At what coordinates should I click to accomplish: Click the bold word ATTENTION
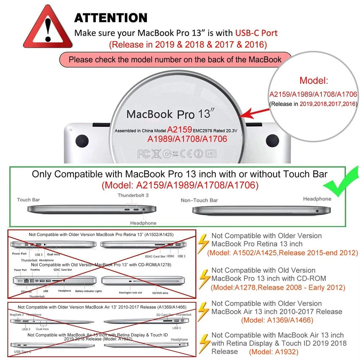click(111, 18)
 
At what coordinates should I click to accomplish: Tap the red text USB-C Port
click(256, 33)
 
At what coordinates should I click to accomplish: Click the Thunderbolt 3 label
click(133, 195)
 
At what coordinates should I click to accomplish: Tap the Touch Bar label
click(28, 199)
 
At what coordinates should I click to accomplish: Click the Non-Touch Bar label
click(199, 200)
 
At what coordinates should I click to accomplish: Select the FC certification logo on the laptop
click(143, 154)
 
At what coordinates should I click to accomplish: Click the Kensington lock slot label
click(130, 293)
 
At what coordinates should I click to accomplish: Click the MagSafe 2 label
click(17, 315)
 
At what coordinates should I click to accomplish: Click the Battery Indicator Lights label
click(89, 291)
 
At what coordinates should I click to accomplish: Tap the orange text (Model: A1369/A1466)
click(277, 320)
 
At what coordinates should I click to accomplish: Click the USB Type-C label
click(23, 351)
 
